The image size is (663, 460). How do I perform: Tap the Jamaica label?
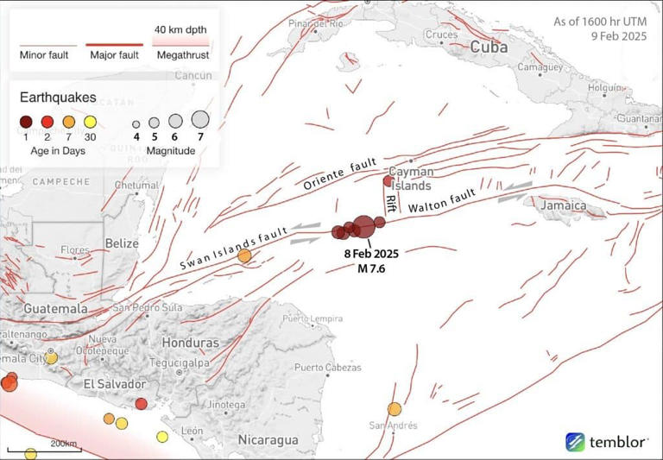click(562, 206)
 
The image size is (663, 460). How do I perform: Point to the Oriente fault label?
click(341, 175)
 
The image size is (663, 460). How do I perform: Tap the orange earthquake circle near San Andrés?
click(395, 409)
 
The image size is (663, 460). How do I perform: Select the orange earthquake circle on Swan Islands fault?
click(245, 255)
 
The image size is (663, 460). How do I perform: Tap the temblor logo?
click(608, 442)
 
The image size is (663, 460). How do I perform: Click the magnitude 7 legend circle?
click(200, 120)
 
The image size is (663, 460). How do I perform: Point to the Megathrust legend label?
click(181, 55)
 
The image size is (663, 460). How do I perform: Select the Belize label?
click(121, 243)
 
